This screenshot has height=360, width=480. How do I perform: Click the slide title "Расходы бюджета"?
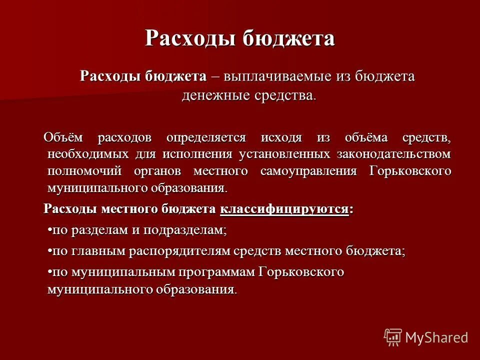click(x=239, y=38)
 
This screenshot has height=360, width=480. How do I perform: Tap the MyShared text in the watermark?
click(x=436, y=337)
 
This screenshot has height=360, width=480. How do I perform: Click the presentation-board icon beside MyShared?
click(x=393, y=337)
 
